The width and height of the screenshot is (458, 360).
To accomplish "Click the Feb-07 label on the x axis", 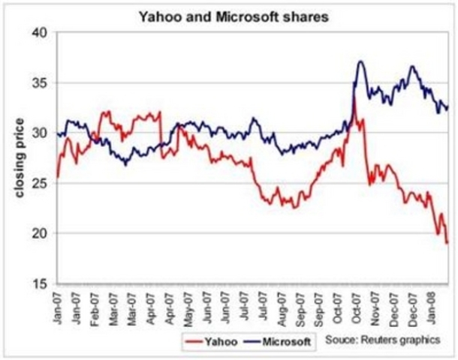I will click(95, 309).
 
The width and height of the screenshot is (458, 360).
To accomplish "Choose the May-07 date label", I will click(189, 309).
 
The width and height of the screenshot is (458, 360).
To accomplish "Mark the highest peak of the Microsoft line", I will click(361, 61).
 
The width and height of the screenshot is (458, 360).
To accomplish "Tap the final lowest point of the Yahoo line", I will click(447, 242).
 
